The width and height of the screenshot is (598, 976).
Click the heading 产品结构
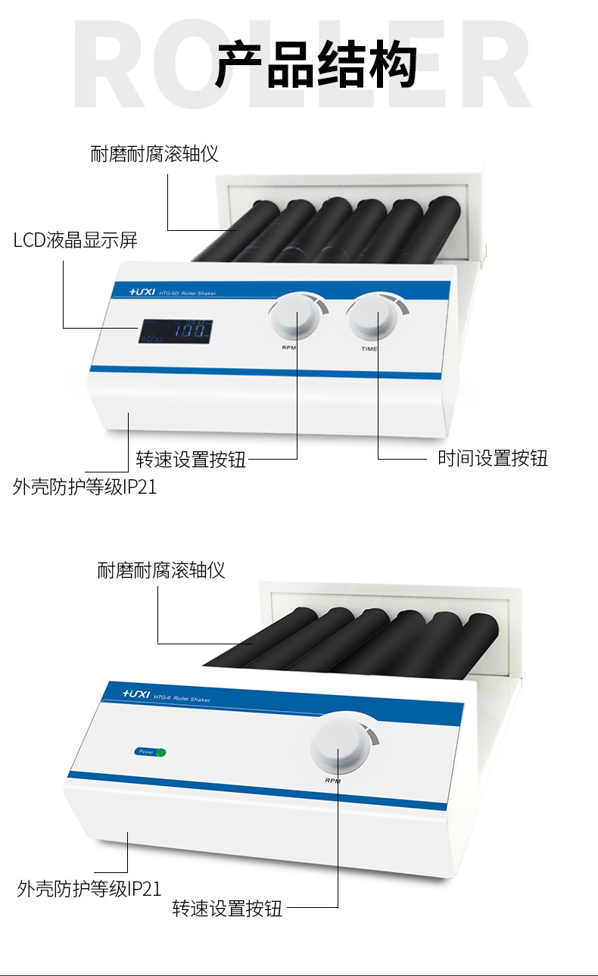tap(316, 67)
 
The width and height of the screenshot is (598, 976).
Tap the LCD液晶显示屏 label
tap(76, 241)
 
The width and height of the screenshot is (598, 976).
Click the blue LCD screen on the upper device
tap(175, 330)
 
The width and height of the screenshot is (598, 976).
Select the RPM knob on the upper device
tap(294, 317)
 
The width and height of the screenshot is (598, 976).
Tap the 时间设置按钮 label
tap(492, 458)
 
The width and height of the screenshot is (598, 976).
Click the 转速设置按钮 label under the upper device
tap(191, 459)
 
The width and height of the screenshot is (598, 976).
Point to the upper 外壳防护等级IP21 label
tap(85, 487)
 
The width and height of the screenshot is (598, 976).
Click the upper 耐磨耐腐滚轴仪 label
tap(154, 154)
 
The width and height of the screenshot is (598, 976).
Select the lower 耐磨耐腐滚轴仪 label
tap(161, 569)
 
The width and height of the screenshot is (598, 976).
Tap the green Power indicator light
tap(160, 753)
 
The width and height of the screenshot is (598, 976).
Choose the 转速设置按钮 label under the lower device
tap(227, 908)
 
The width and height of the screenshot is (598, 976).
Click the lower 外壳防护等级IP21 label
tap(89, 888)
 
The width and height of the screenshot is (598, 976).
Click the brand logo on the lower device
tap(135, 693)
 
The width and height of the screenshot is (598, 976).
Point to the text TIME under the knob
tap(369, 349)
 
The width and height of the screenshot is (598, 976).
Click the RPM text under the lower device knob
tap(332, 780)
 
